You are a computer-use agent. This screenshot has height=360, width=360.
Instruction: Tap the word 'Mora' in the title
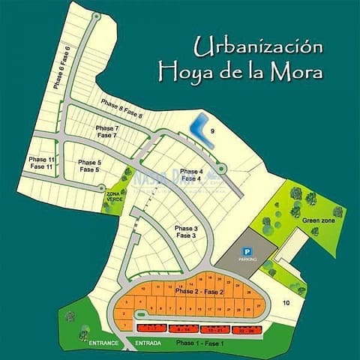pos(298,73)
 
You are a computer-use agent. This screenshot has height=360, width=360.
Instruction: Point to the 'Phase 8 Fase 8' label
pos(121,110)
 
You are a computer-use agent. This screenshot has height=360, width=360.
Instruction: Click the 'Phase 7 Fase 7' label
pos(106,132)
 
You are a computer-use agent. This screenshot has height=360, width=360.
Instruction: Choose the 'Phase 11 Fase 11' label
pos(41,163)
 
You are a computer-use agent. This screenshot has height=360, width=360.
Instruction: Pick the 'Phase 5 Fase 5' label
pos(88,166)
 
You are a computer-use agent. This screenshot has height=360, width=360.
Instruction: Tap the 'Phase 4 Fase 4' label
pos(190,175)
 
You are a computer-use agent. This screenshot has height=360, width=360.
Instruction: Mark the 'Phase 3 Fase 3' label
pos(185,232)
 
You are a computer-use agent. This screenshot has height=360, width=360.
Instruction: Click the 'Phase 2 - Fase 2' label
pos(199,291)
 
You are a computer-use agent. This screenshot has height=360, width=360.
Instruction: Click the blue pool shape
pos(199,130)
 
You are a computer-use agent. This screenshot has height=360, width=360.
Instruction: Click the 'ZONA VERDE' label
pos(113,197)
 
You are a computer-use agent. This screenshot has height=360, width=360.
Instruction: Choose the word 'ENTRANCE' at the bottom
pos(104,343)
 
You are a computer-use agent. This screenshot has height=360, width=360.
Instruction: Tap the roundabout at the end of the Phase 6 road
pos(95,16)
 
